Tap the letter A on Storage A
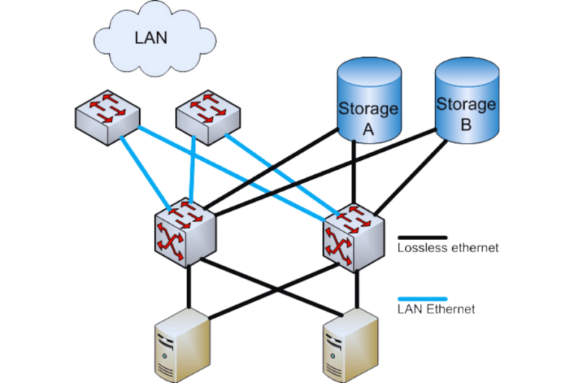368,129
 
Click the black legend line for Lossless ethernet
422,236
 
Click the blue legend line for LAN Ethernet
422,298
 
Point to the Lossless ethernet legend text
448,248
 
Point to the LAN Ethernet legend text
436,309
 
